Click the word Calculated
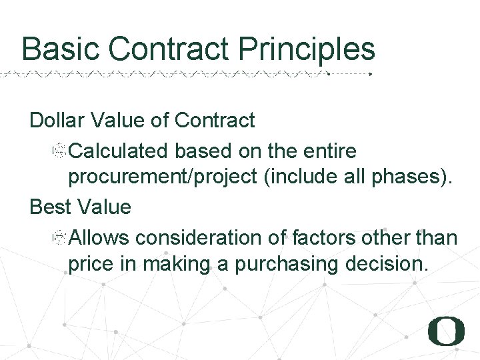118,151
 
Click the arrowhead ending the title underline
371,74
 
